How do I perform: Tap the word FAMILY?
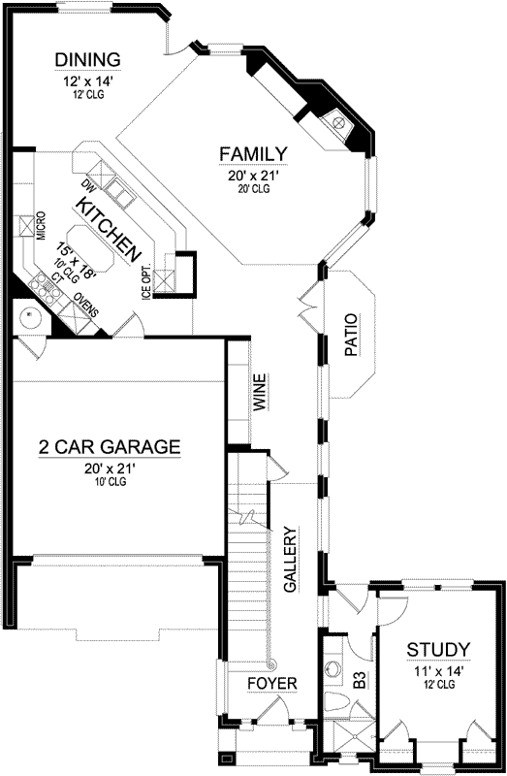[252, 154]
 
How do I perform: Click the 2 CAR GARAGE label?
[109, 447]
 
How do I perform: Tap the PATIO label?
[351, 335]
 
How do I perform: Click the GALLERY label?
[289, 560]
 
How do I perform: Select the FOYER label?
[270, 683]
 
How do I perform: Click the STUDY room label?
[438, 649]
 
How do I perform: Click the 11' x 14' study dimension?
[438, 669]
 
